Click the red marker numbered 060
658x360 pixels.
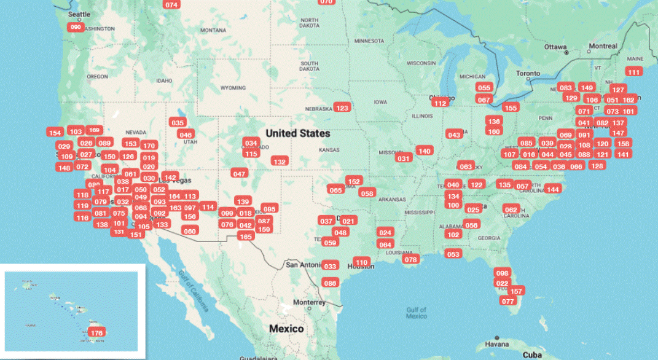(x=76, y=27)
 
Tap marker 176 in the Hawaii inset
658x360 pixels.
(x=96, y=332)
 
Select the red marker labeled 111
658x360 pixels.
(x=634, y=72)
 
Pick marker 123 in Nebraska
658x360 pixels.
(x=342, y=108)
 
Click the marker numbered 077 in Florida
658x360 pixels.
(x=507, y=301)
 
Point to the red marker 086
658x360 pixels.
(x=331, y=283)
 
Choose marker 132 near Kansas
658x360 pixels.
(x=280, y=161)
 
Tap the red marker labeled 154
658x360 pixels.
(x=55, y=133)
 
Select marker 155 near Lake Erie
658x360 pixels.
(x=511, y=108)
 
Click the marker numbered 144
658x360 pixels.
(x=553, y=189)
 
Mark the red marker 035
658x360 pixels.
(x=178, y=122)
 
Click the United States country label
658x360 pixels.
(x=297, y=133)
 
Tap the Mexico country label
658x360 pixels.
(x=286, y=329)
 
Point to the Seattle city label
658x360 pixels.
(x=79, y=14)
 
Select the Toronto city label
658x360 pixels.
(x=528, y=74)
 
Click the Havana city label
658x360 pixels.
(x=496, y=344)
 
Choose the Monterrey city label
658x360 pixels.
(x=309, y=302)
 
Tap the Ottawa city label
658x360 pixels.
(x=555, y=47)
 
